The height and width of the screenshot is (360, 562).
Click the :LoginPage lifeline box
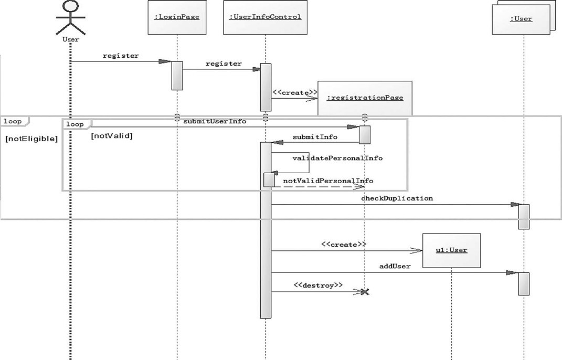(x=176, y=17)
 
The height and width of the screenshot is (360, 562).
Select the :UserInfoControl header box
(x=265, y=17)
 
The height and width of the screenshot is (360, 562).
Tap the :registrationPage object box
(x=365, y=98)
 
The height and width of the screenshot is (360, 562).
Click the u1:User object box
(x=451, y=250)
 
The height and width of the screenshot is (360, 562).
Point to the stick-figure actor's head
(x=70, y=7)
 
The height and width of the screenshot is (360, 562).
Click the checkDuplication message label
(x=397, y=198)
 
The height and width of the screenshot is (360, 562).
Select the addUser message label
(x=395, y=266)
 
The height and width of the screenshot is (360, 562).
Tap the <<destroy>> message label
(x=318, y=285)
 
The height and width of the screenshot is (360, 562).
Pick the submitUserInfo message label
(x=215, y=121)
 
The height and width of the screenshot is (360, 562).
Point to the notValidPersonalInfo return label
(x=328, y=181)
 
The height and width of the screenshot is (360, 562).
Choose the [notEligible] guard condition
(x=31, y=140)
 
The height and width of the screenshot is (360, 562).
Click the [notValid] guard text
(x=112, y=136)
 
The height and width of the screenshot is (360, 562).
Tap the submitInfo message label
(x=314, y=137)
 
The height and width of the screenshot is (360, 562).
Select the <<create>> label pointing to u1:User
(x=343, y=245)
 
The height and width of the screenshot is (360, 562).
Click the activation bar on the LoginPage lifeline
(x=177, y=76)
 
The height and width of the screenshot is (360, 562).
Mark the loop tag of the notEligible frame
(x=13, y=122)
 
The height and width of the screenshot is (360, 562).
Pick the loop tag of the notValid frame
(x=75, y=124)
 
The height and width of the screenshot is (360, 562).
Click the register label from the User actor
(x=121, y=56)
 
